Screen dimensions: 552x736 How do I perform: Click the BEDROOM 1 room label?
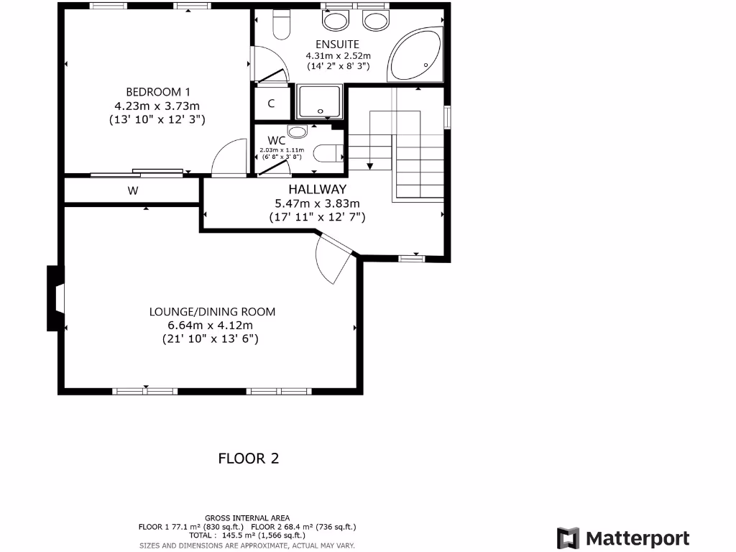pos(158,91)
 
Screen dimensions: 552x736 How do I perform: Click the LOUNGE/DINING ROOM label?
pos(212,312)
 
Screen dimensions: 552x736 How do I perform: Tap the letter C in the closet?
pos(271,103)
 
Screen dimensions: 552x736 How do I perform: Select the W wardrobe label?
pos(132,191)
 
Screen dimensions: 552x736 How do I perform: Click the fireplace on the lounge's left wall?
pos(55,298)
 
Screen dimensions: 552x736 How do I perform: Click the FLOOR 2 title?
pos(248,458)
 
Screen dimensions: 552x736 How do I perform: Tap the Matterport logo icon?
pos(569,538)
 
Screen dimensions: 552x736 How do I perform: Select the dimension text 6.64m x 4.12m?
pos(210,325)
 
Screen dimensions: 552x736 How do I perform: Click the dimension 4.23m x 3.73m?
pos(157,105)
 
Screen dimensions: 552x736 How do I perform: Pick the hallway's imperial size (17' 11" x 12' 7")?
pos(317,216)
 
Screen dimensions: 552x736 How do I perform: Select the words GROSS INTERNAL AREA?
pos(247,517)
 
